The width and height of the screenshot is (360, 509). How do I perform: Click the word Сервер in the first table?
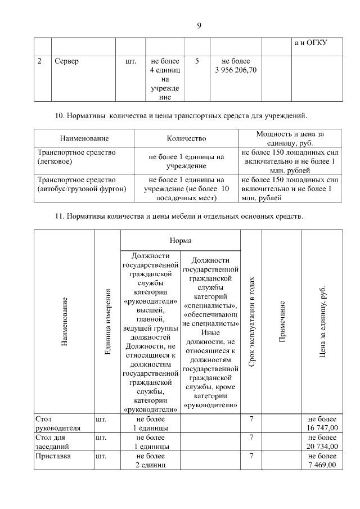click(x=66, y=61)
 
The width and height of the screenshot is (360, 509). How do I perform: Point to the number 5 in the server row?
click(x=196, y=61)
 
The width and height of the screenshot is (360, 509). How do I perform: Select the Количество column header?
click(x=186, y=138)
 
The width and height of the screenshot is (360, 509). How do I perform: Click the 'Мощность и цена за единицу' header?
click(x=290, y=138)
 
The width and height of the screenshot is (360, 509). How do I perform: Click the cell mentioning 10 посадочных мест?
click(x=186, y=188)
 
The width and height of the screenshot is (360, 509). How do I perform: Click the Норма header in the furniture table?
click(x=180, y=240)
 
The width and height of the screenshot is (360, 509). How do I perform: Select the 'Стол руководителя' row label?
click(x=57, y=423)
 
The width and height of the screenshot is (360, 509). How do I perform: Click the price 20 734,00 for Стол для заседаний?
click(x=322, y=446)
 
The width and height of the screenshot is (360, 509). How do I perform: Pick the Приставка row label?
click(x=53, y=456)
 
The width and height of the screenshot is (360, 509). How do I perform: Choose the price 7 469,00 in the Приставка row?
click(x=322, y=465)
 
